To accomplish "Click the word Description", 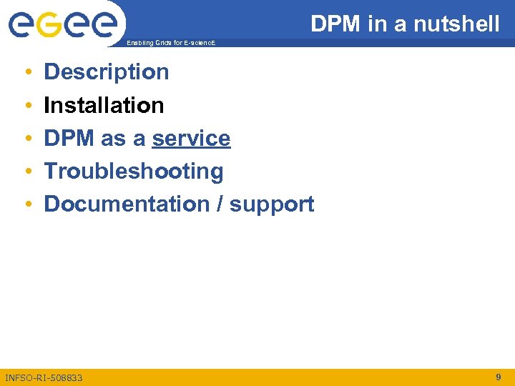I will coord(107,72).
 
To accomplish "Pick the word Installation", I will coord(104,106).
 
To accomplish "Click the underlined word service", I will coord(191,139).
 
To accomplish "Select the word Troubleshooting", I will coord(134,172).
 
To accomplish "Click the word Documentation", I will coord(126,204).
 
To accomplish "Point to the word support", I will coord(272,205).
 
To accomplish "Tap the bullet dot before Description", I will coord(26,73).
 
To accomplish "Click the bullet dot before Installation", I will coord(26,106).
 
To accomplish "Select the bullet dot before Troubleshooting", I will coord(26,172).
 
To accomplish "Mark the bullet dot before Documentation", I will coord(26,205).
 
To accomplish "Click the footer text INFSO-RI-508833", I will coord(44,377).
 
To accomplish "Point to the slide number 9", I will coord(498,377).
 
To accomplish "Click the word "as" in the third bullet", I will coord(113,139).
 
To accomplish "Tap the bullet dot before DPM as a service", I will coord(26,139).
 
